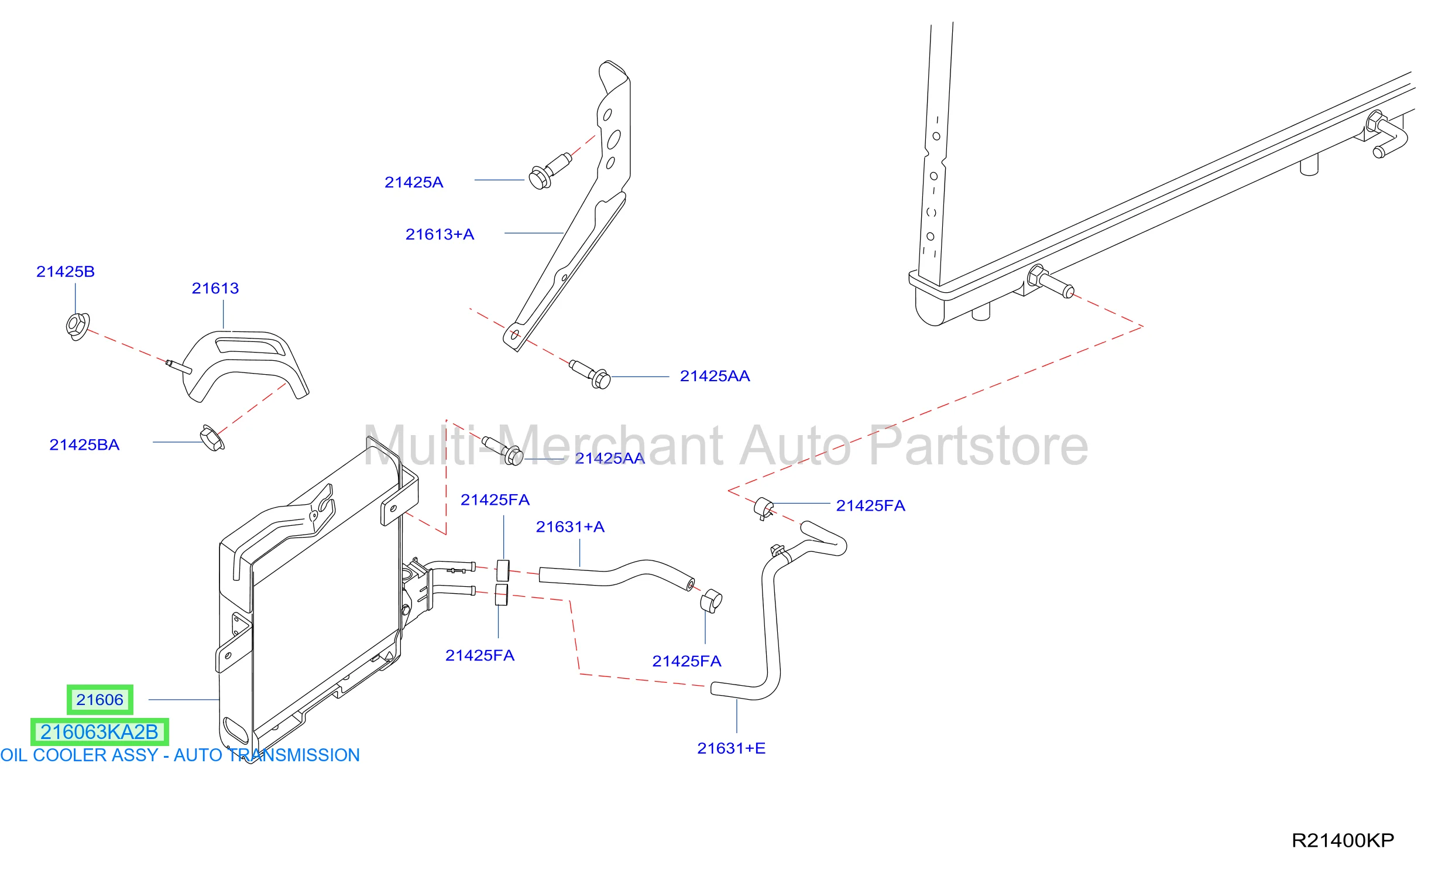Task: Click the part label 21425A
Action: pos(414,183)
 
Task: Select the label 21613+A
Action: pos(440,235)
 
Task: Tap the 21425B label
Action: pos(66,272)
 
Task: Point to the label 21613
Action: pos(215,288)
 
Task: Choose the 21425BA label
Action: pos(84,445)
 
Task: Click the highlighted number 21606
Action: pos(99,700)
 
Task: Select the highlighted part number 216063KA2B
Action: pos(99,732)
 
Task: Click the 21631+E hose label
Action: pos(731,748)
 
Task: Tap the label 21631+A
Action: pos(570,527)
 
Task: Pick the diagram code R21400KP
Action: pos(1343,841)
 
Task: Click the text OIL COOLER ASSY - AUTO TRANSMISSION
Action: pos(180,755)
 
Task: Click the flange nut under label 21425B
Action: pos(77,326)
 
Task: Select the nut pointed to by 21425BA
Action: pos(212,438)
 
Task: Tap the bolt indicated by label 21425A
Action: pos(550,170)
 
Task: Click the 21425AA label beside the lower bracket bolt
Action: pos(715,376)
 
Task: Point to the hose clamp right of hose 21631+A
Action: pos(711,601)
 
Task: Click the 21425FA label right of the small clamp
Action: pos(870,506)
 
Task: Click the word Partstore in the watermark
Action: pos(978,446)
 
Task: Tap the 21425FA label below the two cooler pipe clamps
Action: pos(480,655)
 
